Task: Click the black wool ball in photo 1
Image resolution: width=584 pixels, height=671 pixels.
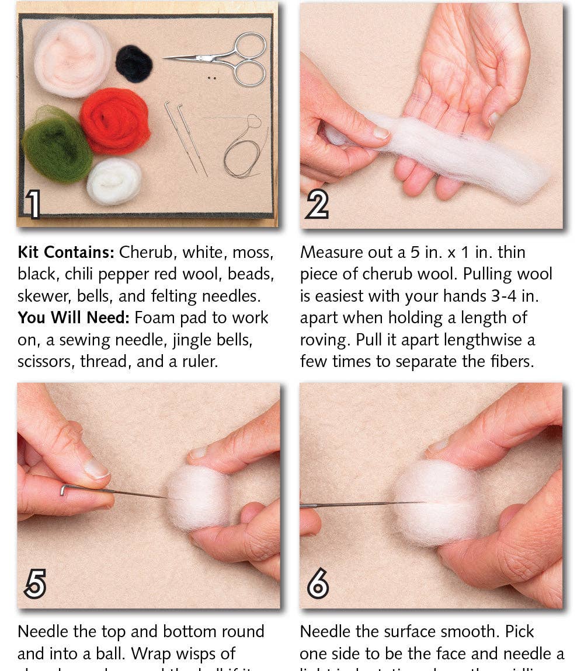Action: (134, 64)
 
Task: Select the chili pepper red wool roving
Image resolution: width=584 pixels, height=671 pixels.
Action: (115, 121)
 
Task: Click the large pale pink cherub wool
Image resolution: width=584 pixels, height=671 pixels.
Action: (71, 58)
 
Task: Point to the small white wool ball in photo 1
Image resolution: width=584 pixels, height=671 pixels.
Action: (114, 181)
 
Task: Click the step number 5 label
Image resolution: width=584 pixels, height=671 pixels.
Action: (35, 583)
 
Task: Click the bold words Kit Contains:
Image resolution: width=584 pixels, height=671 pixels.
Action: (66, 253)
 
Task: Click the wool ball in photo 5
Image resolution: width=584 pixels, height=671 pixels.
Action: (199, 498)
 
